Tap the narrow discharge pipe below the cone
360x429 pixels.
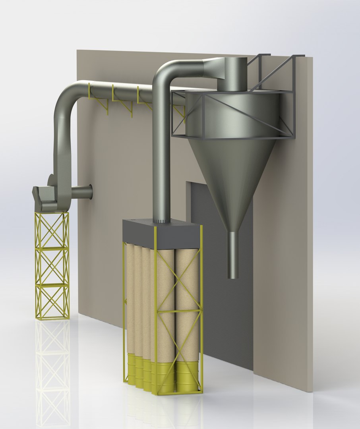click(233, 254)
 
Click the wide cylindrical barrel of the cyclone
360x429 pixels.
click(234, 113)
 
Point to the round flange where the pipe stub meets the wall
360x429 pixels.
click(90, 192)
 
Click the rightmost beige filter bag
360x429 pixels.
click(187, 302)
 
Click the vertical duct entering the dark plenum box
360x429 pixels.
click(161, 167)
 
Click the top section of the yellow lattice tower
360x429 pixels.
click(52, 230)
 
